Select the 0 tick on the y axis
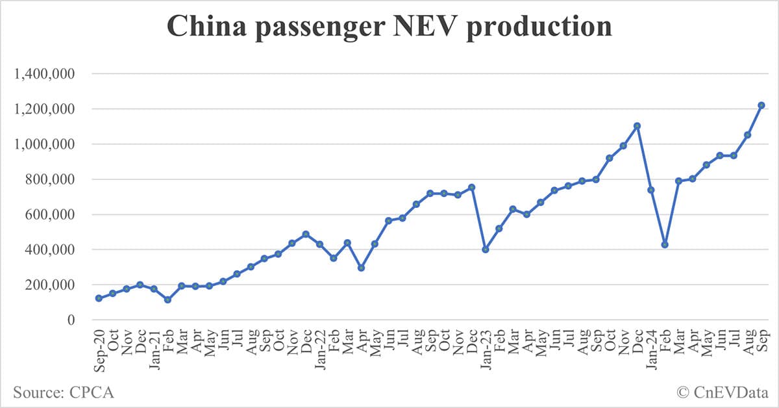[71, 320]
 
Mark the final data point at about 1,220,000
[761, 105]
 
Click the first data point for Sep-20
[99, 298]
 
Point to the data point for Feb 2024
[665, 244]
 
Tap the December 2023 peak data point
[637, 126]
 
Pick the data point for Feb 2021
[167, 300]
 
